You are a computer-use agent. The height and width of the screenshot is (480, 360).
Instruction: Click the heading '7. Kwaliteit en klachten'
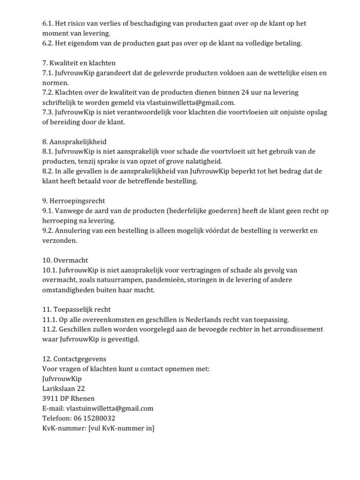[x=79, y=63]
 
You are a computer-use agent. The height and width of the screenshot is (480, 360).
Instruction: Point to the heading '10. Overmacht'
[x=65, y=260]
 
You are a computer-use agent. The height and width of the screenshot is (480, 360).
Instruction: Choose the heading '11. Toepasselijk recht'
[x=76, y=309]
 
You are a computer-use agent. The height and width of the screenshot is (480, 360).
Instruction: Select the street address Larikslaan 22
[x=63, y=389]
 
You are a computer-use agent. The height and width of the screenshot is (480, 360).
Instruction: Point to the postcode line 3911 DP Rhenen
[x=68, y=398]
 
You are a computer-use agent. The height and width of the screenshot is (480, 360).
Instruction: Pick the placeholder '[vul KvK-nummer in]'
[x=121, y=428]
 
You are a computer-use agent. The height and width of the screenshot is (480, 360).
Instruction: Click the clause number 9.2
[x=48, y=231]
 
